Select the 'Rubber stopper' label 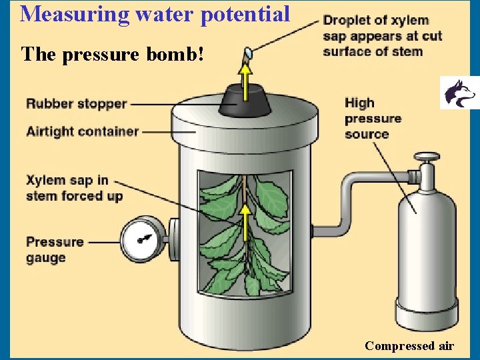[x=76, y=103]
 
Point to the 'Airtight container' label [x=82, y=131]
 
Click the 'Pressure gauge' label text [x=55, y=249]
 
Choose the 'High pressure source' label [x=373, y=118]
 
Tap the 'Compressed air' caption [x=409, y=345]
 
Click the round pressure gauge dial [x=143, y=239]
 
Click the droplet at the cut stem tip [x=247, y=51]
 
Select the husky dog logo [x=459, y=93]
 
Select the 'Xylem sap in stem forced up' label [x=74, y=188]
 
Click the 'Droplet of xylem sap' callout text [x=382, y=36]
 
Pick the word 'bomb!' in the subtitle [x=181, y=54]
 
